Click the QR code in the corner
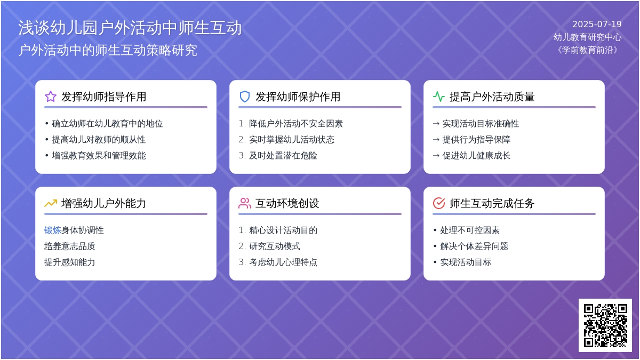pos(605,325)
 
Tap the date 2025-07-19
pos(597,25)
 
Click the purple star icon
pos(51,97)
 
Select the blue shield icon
pos(245,97)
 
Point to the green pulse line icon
pos(439,97)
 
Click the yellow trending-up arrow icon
pos(51,203)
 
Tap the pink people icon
pos(245,203)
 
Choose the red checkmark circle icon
pos(439,203)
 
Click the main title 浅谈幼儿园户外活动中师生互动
pos(130,28)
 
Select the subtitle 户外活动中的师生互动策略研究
pos(108,50)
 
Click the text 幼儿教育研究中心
pos(587,37)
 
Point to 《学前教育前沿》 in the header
pos(587,50)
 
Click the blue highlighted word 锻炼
pos(53,230)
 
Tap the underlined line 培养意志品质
pos(70,246)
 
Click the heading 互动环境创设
pos(287,203)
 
